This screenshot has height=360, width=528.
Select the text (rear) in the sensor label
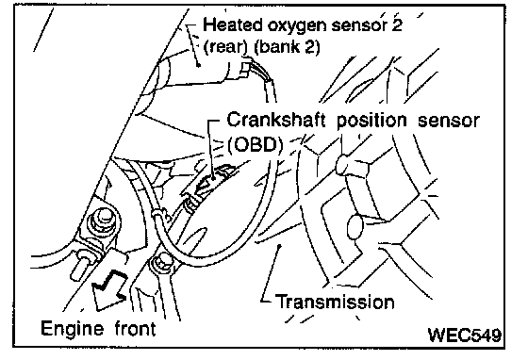click(225, 46)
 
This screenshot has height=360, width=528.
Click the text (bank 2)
click(287, 46)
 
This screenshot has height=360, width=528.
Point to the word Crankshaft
click(276, 120)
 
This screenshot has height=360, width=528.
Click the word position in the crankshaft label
click(371, 122)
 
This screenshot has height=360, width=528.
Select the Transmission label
click(335, 302)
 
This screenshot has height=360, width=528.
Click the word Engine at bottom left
click(72, 328)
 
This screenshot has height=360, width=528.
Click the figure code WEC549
click(465, 335)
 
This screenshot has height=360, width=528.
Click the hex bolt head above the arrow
click(102, 222)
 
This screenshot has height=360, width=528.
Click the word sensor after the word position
click(448, 121)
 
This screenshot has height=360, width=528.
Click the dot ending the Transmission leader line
click(279, 246)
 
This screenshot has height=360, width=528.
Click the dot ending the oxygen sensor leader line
click(199, 65)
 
